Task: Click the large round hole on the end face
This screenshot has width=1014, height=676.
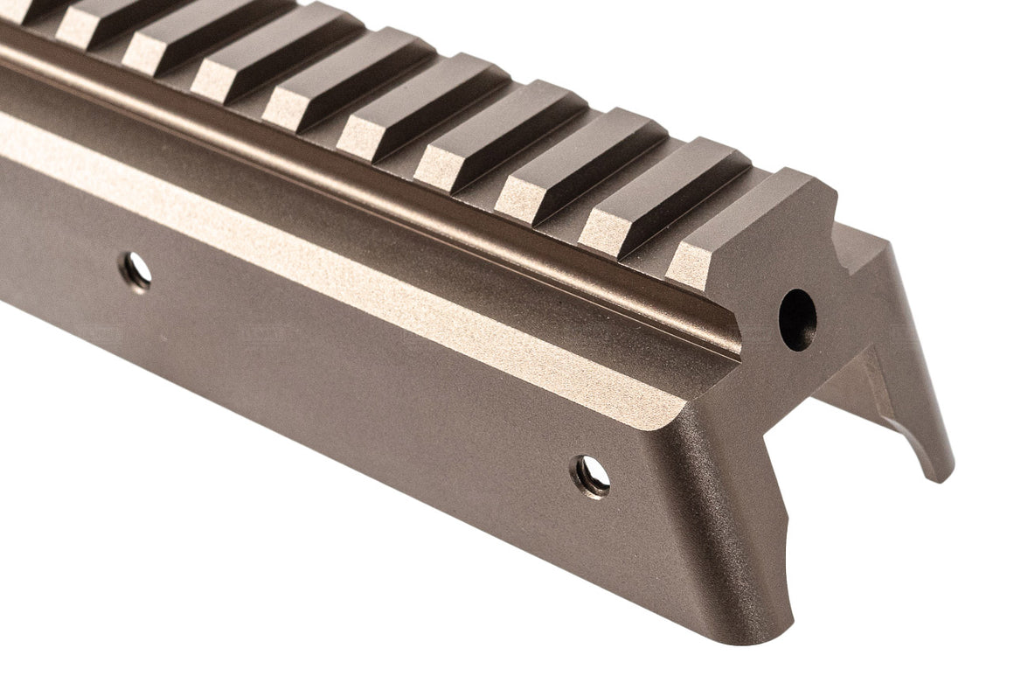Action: click(797, 320)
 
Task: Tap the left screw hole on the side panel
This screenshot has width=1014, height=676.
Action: click(136, 270)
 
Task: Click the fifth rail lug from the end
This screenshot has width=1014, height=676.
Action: click(424, 109)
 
